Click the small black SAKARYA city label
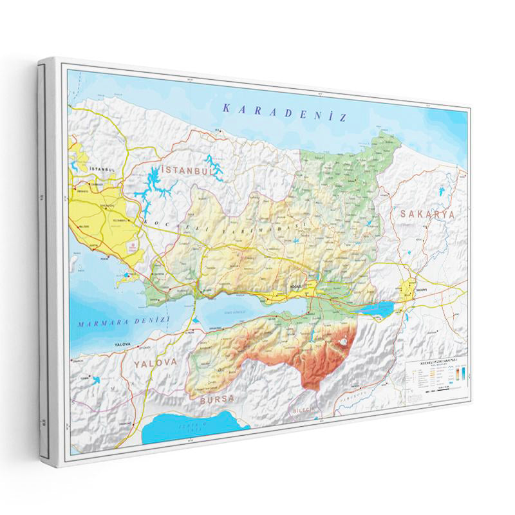[422, 291]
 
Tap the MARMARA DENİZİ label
[122, 321]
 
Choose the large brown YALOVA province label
[155, 362]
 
